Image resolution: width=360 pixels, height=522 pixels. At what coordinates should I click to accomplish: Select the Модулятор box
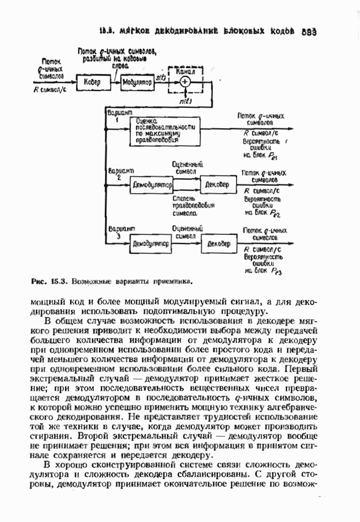pyautogui.click(x=137, y=83)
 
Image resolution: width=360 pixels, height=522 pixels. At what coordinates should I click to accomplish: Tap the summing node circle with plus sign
pyautogui.click(x=185, y=82)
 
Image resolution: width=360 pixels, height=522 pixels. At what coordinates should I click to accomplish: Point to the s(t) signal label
pyautogui.click(x=161, y=77)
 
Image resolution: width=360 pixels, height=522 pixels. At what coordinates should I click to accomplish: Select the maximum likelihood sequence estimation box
pyautogui.click(x=165, y=132)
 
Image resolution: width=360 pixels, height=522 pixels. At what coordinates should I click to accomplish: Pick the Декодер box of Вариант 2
pyautogui.click(x=219, y=184)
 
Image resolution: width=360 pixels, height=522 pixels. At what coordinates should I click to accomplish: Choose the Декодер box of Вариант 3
pyautogui.click(x=220, y=244)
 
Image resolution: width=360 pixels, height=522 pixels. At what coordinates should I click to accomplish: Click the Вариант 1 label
pyautogui.click(x=121, y=114)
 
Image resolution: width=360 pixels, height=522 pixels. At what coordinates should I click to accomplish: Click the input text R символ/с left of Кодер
pyautogui.click(x=53, y=90)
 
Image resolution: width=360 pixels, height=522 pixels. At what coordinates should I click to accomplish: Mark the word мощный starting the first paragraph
pyautogui.click(x=45, y=302)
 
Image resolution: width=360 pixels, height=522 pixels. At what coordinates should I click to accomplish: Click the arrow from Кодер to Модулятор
pyautogui.click(x=114, y=83)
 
